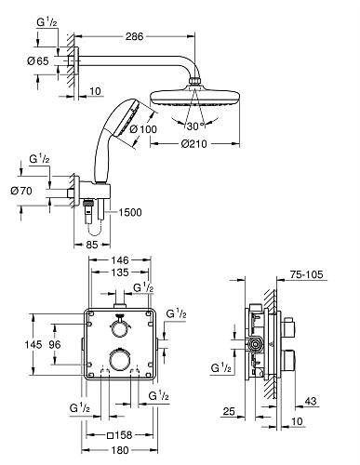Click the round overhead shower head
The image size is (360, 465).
195,95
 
